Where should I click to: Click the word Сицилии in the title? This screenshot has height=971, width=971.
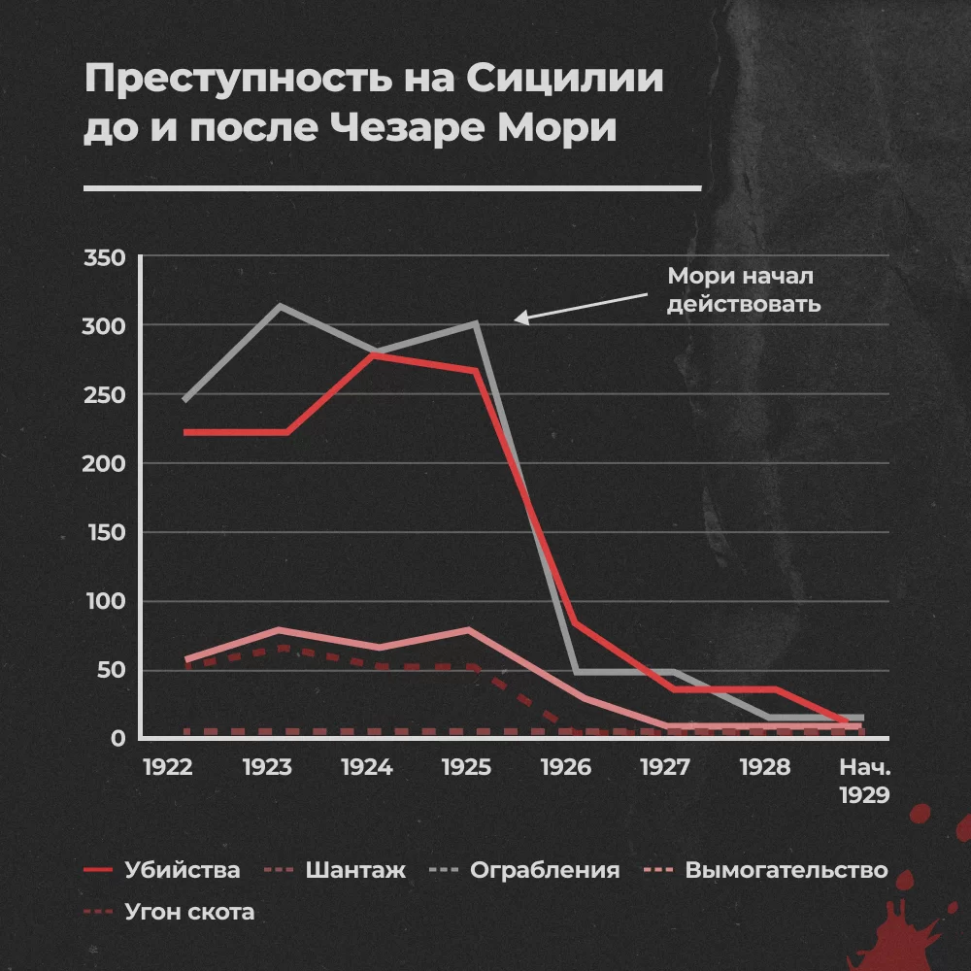[567, 81]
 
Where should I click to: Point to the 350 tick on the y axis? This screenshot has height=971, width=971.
[105, 258]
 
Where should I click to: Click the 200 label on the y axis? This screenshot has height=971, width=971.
[105, 464]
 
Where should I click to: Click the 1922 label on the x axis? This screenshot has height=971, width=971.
[167, 767]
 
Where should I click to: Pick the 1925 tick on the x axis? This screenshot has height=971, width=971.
[467, 767]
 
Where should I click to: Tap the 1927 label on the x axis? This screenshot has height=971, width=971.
[666, 767]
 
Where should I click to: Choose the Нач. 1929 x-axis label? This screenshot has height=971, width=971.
[864, 781]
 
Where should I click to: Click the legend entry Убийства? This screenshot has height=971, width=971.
[182, 870]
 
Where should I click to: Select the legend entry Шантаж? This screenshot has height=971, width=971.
[354, 870]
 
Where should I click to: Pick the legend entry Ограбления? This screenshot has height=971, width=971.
[544, 870]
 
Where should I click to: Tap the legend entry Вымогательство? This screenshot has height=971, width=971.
[786, 870]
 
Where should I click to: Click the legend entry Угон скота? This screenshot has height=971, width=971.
[189, 912]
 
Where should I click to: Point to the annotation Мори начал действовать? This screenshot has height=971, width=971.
[744, 289]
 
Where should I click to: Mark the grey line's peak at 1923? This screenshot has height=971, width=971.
[280, 306]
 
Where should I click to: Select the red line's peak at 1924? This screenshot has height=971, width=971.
[372, 355]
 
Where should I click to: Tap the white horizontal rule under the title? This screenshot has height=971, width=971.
[392, 188]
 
